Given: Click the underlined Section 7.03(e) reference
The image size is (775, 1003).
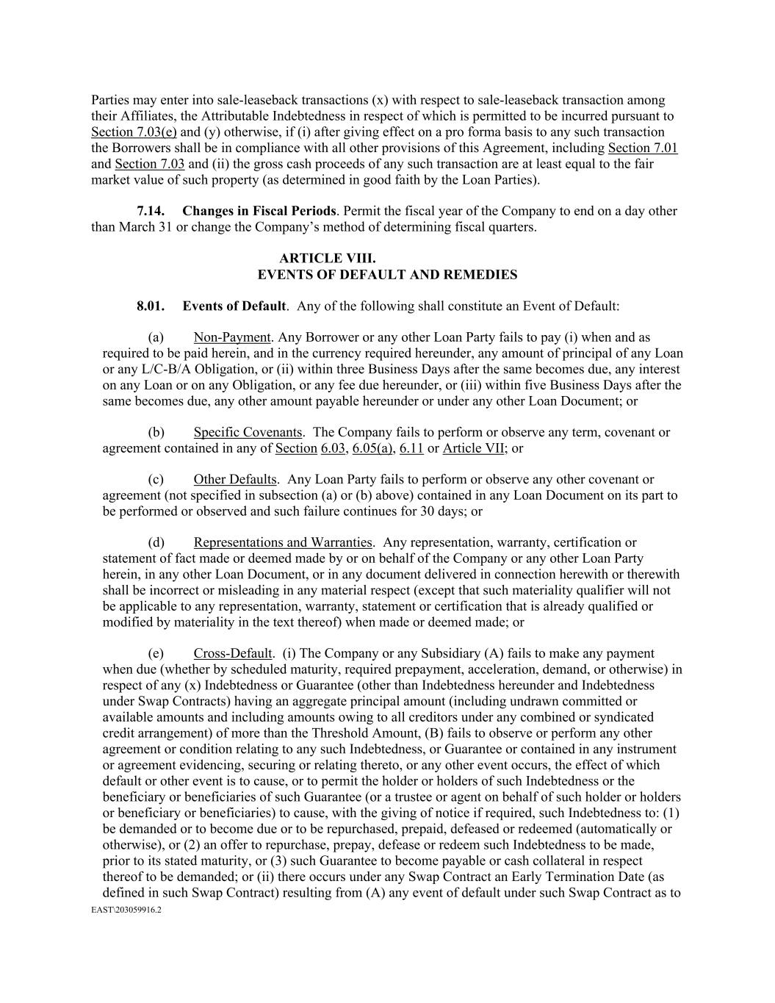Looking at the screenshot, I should [134, 132].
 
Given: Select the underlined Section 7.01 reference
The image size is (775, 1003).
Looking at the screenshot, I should [643, 148].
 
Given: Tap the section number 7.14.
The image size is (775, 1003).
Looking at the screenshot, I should [151, 211].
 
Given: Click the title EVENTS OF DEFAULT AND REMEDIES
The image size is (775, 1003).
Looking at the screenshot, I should [387, 275].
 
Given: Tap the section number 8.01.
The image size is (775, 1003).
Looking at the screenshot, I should [151, 306].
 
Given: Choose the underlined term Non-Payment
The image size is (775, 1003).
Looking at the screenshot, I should [232, 337].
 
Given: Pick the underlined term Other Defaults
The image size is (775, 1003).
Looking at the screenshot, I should [235, 480].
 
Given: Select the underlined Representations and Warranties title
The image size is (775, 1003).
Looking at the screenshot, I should [283, 542].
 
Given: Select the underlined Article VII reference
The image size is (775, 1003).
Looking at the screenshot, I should [473, 448].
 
